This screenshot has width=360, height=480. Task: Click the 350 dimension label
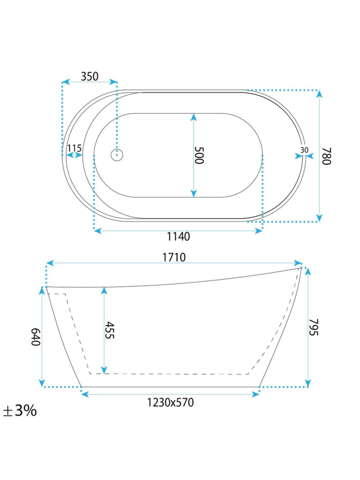(89, 76)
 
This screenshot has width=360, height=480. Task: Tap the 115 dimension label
(74, 148)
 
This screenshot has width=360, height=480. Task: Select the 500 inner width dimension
(199, 155)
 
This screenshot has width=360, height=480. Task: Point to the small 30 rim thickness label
(304, 150)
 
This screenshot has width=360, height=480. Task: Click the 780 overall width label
(326, 156)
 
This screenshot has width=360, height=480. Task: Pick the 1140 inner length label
(178, 236)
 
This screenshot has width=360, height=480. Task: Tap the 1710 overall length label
(174, 257)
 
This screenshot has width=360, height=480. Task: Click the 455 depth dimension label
(109, 330)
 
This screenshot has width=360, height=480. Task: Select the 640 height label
(36, 337)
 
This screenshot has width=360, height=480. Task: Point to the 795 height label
(313, 327)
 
